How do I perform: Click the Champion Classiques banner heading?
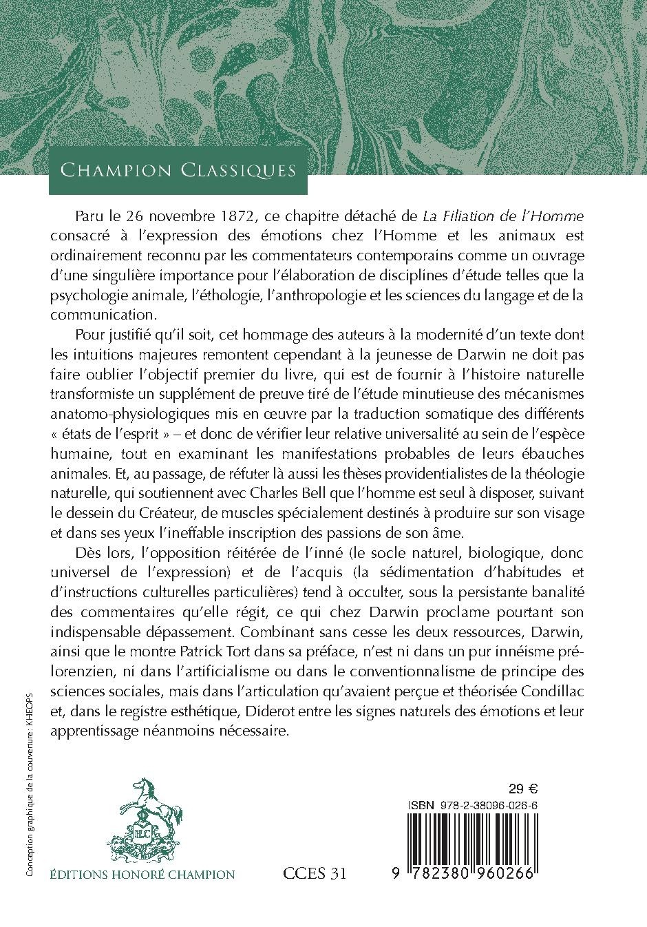[178, 169]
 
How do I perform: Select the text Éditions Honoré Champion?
[143, 875]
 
